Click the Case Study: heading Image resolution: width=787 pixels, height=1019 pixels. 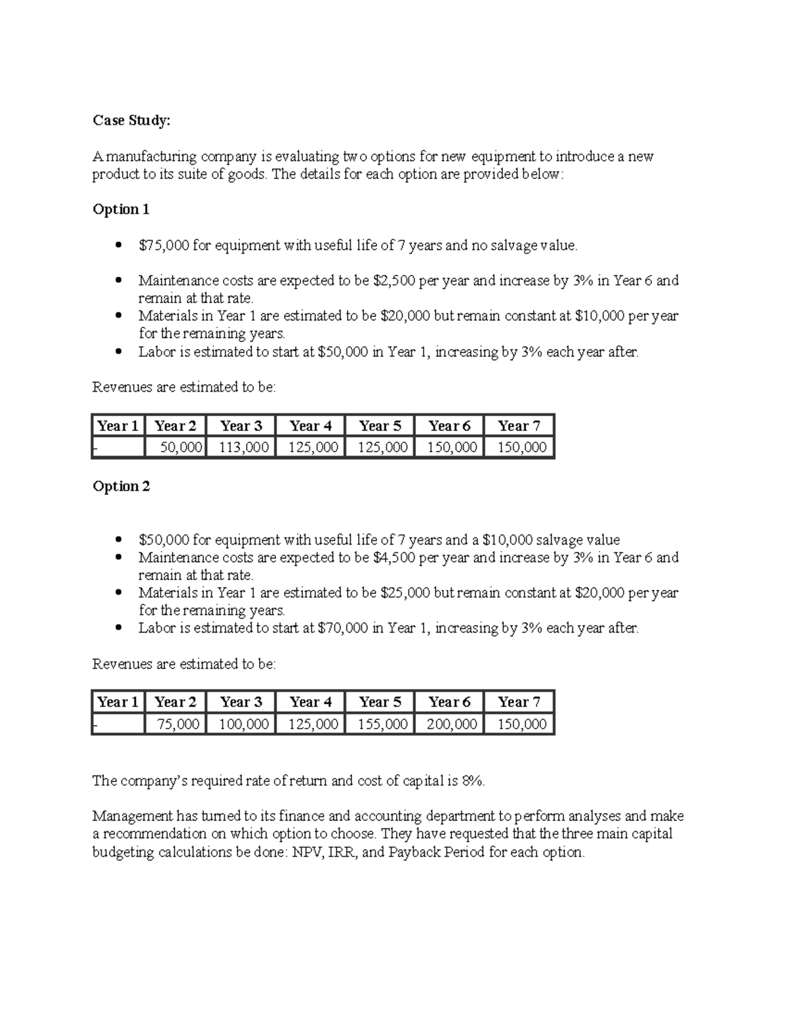[x=131, y=120]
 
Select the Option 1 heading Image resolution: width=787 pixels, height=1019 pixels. [x=121, y=209]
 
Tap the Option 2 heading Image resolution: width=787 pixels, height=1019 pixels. [x=121, y=486]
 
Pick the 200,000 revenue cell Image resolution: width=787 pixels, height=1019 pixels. [x=451, y=724]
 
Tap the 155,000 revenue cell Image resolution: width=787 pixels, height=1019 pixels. [x=382, y=724]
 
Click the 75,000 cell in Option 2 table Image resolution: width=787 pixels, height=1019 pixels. [x=178, y=724]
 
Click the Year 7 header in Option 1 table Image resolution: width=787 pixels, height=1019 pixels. [x=519, y=426]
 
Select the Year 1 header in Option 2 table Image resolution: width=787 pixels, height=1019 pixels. [x=117, y=702]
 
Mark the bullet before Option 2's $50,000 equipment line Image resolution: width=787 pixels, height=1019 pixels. [x=118, y=540]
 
